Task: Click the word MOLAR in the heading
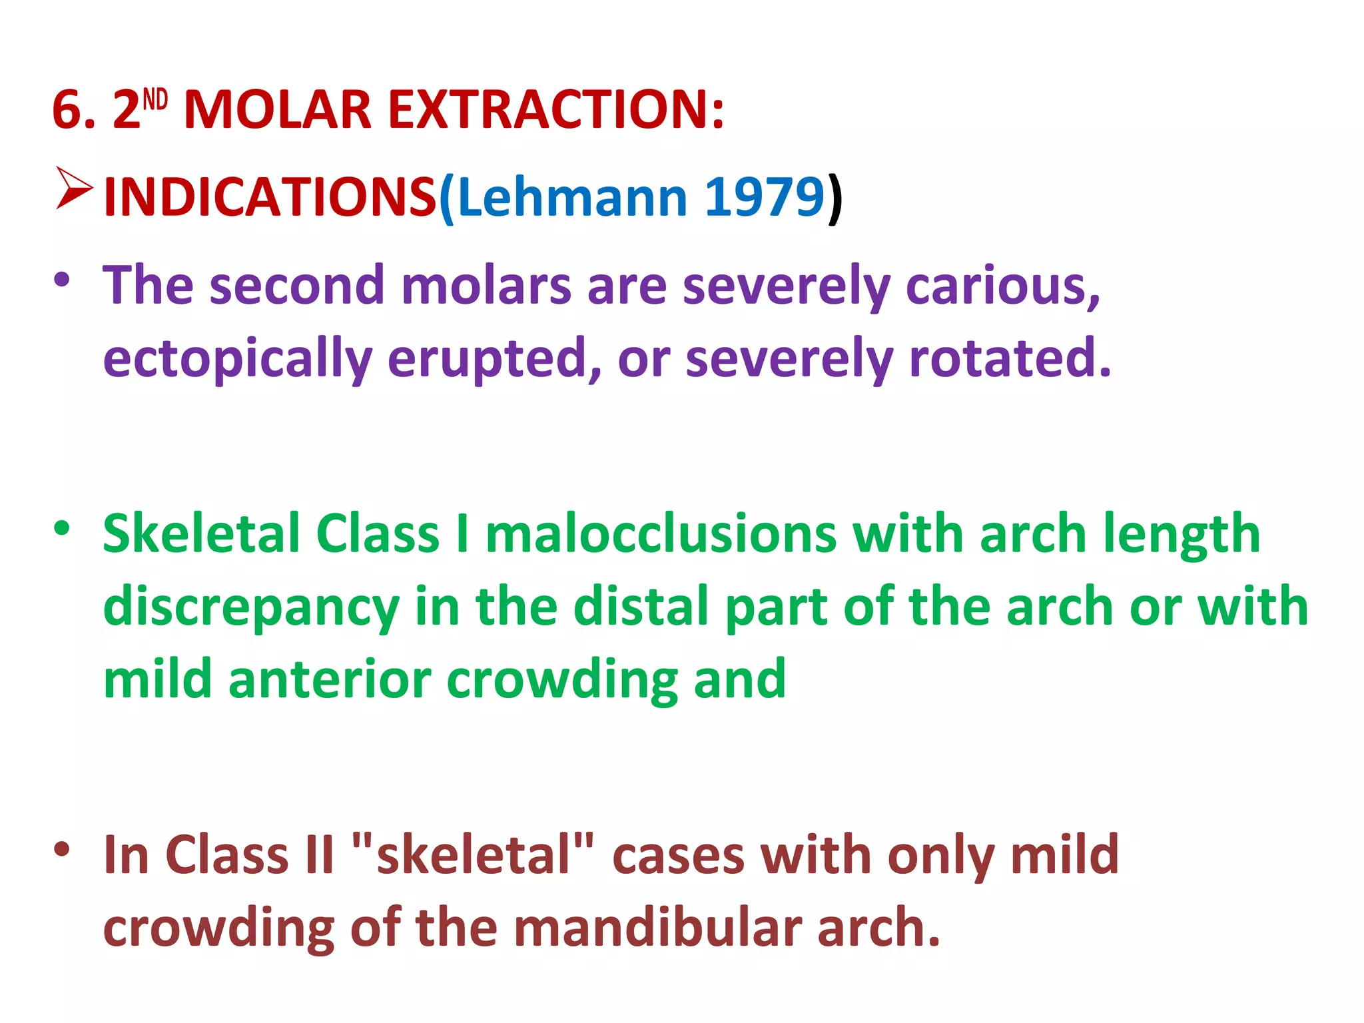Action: [277, 109]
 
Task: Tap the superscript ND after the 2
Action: [155, 99]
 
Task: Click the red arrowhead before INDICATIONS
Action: [73, 188]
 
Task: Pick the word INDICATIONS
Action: [270, 197]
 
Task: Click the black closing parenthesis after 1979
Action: [835, 198]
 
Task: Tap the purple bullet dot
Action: [62, 279]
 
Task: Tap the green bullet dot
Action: [62, 529]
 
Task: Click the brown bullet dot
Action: [62, 849]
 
